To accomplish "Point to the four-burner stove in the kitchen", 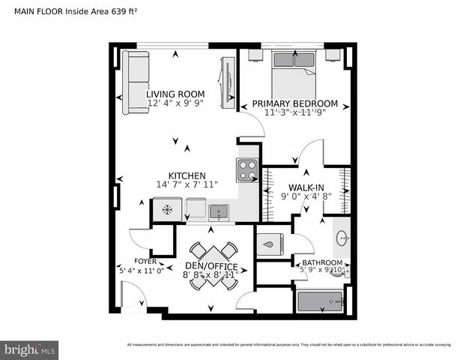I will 247,170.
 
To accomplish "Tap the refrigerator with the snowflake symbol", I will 166,209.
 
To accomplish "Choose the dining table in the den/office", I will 211,253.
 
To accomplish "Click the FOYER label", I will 135,261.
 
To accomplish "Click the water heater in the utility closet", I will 270,243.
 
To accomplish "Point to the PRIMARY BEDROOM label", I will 294,103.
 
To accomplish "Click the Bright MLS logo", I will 30,349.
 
